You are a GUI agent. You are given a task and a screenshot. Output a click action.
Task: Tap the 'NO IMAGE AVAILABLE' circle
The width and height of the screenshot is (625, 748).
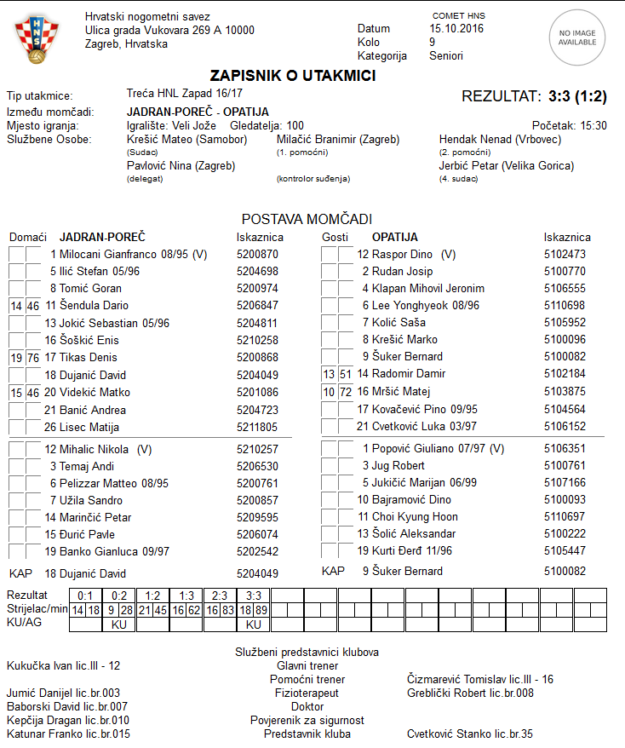coord(576,37)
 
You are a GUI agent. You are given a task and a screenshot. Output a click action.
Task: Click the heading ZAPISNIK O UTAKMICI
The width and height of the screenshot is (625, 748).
coord(293,76)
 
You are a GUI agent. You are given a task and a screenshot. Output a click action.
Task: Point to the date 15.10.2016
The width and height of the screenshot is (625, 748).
coord(456,29)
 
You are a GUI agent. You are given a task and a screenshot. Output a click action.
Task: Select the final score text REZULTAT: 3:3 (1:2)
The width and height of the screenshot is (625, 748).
coord(534,96)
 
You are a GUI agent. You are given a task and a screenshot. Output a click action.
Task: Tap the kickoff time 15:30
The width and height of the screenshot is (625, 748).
coord(593,125)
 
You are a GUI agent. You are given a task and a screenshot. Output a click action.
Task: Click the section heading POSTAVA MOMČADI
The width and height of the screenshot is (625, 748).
coord(307,219)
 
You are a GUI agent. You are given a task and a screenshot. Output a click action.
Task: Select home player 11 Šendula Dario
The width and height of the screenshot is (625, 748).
coord(87,305)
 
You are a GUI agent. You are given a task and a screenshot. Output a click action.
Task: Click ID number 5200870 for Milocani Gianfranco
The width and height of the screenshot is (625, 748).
coord(257,254)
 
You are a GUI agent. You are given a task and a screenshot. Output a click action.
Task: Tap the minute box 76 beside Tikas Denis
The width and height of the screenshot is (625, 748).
coord(33,358)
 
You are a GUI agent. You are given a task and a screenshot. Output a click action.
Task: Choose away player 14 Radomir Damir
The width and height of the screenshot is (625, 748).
coord(401,373)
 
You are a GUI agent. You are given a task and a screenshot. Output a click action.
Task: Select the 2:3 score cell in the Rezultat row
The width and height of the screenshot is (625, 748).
coord(219,595)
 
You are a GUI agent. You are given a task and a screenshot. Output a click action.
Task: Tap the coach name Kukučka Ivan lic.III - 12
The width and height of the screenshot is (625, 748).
coord(63,665)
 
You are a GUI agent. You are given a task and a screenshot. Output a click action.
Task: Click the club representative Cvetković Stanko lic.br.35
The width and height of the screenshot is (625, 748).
coord(470,734)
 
